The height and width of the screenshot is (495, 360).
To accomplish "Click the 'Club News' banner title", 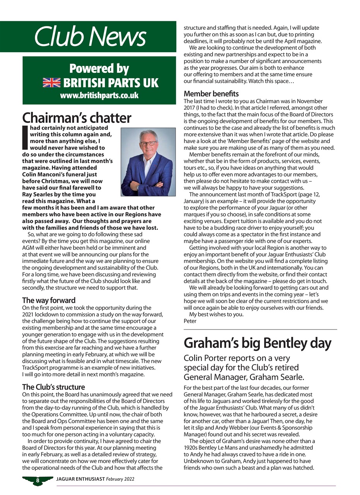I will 90,37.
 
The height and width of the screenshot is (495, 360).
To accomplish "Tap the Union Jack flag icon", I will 51,83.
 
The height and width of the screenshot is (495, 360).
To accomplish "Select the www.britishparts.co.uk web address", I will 99,96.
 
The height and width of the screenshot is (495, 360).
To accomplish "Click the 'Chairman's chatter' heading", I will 77,118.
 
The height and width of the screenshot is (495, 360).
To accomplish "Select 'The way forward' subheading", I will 49,300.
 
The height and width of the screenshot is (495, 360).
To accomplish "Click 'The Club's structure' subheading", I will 53,387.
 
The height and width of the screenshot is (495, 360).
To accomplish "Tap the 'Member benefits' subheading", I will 211,94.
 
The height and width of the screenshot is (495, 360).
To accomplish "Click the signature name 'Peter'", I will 190,321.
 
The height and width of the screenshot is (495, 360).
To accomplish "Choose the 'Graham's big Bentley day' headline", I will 258,343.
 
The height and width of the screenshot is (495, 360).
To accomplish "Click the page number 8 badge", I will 38,480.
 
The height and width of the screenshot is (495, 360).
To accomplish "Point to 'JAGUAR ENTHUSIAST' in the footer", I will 80,479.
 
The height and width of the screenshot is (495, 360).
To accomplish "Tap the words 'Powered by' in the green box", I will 99,68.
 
